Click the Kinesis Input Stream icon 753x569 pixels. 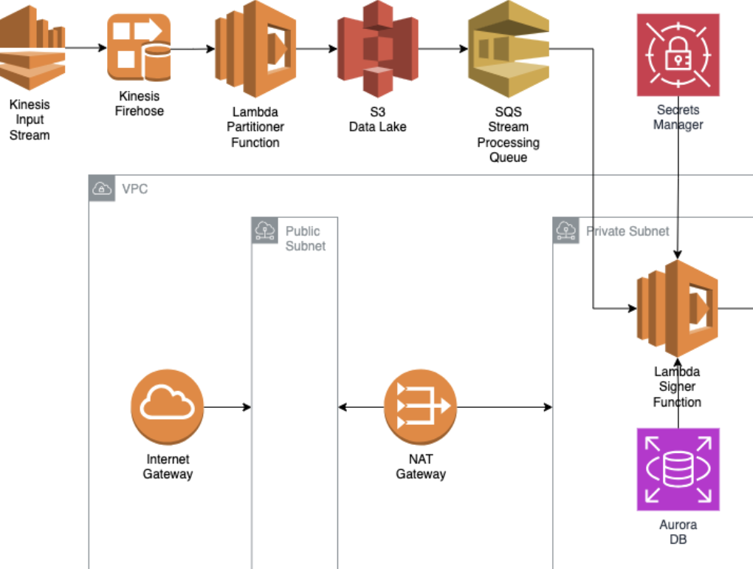pyautogui.click(x=32, y=47)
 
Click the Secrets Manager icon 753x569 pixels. pyautogui.click(x=678, y=55)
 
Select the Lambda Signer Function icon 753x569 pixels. pyautogui.click(x=677, y=307)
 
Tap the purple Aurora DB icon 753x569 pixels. pyautogui.click(x=678, y=471)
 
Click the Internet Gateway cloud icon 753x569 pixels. pyautogui.click(x=168, y=406)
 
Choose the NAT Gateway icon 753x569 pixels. pyautogui.click(x=420, y=406)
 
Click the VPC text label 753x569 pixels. pyautogui.click(x=135, y=189)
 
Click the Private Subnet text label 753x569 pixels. pyautogui.click(x=627, y=231)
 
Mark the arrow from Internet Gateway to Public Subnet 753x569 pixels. pyautogui.click(x=228, y=406)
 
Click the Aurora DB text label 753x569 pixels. pyautogui.click(x=678, y=532)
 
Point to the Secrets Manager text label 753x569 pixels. pyautogui.click(x=678, y=117)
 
